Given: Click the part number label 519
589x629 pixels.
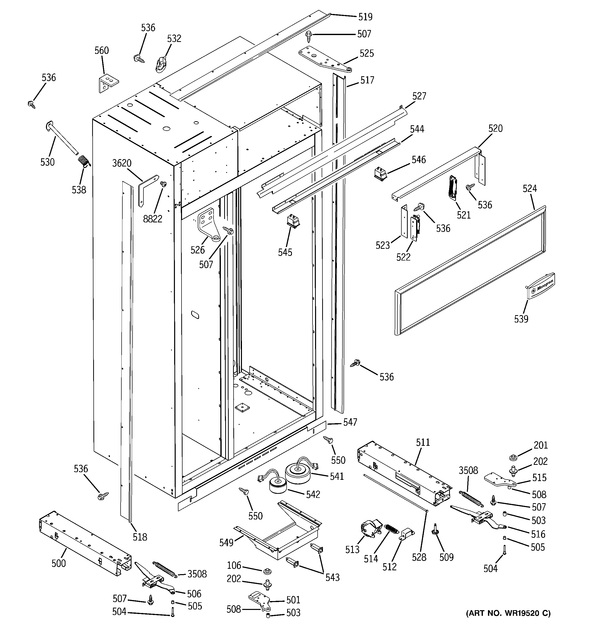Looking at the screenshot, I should click(365, 17).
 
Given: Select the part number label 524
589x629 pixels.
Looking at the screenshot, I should click(530, 189).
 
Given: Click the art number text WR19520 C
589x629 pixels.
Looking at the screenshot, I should click(508, 613).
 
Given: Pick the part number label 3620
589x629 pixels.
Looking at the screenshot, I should click(122, 163).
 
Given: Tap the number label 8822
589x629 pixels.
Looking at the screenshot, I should click(152, 219).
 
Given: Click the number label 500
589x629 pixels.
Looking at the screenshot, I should click(58, 563).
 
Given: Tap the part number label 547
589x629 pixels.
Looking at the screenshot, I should click(350, 422).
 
